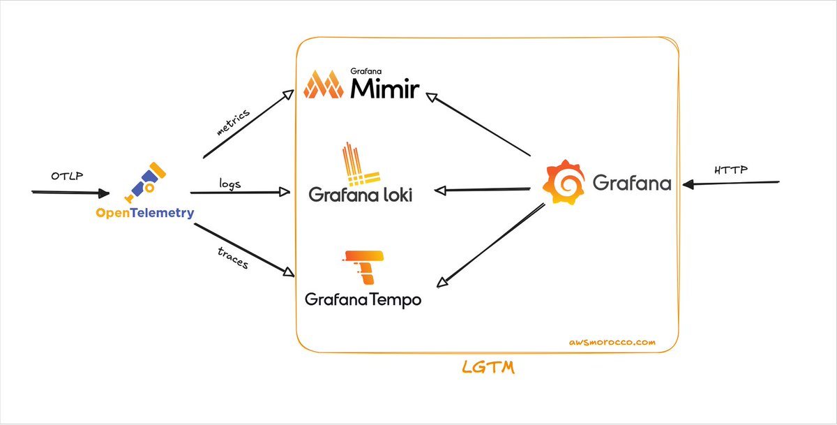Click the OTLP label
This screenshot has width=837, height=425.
pyautogui.click(x=67, y=174)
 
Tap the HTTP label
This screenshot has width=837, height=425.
pyautogui.click(x=730, y=170)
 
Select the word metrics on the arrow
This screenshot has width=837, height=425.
pyautogui.click(x=234, y=120)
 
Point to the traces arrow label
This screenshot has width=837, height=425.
pyautogui.click(x=232, y=257)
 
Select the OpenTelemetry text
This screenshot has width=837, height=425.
pyautogui.click(x=144, y=213)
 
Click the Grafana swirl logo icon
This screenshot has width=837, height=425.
pyautogui.click(x=563, y=181)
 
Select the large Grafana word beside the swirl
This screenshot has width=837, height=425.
pyautogui.click(x=632, y=183)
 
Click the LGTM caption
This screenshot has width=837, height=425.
pyautogui.click(x=488, y=367)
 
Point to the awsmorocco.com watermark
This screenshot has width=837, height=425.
pyautogui.click(x=612, y=343)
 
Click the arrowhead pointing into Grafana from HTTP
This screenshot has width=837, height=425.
pyautogui.click(x=688, y=184)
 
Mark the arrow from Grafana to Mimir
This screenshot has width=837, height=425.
pyautogui.click(x=481, y=123)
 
